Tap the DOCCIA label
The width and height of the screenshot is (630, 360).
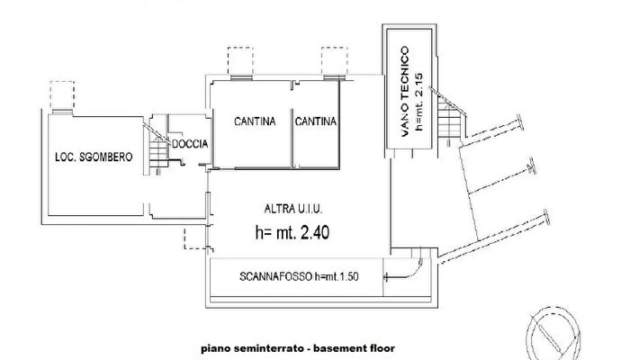point(191,144)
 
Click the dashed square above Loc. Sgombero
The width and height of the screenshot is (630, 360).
point(62,94)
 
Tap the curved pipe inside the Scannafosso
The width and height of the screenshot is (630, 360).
point(415,267)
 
